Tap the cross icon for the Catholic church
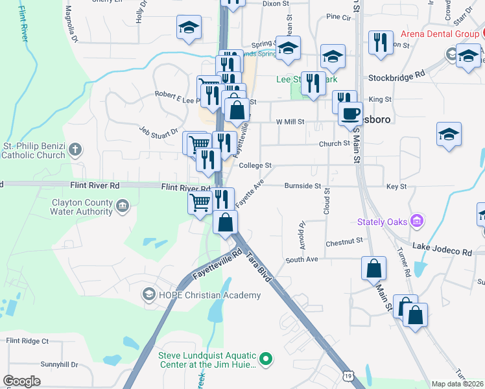point(75,150)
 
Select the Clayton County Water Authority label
point(82,207)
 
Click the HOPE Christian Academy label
point(211,295)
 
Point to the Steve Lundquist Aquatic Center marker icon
point(265,359)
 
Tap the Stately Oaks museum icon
point(417,222)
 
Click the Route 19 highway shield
point(349,376)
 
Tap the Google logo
point(22,381)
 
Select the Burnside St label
point(303,186)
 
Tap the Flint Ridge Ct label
point(27,340)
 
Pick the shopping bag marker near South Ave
point(373,268)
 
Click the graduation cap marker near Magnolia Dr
point(189,27)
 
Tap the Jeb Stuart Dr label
point(159,130)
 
